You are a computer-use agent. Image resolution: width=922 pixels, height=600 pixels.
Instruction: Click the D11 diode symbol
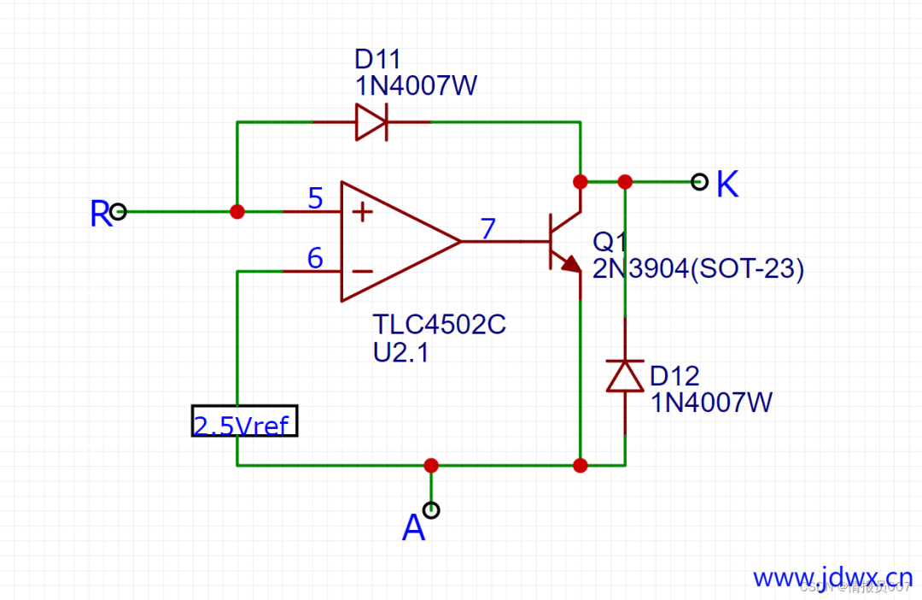tap(371, 122)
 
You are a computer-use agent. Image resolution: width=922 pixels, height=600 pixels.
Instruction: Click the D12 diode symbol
tap(625, 375)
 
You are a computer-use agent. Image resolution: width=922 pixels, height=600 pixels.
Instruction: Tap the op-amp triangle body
tap(393, 241)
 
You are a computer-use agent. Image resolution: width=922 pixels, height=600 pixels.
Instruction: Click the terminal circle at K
tap(700, 181)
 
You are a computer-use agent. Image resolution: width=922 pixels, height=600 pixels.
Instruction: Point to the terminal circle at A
tap(432, 510)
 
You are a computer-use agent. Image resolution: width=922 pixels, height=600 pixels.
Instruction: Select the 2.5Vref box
tap(244, 421)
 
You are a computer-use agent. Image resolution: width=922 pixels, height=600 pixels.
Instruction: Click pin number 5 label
tap(315, 199)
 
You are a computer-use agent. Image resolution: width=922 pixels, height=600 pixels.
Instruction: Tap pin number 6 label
tap(315, 257)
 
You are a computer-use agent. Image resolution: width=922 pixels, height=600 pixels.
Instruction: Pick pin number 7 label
tap(487, 228)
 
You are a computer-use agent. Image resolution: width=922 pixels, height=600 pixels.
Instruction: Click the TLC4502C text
tap(439, 326)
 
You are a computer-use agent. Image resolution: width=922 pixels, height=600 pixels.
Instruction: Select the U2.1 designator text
tap(400, 351)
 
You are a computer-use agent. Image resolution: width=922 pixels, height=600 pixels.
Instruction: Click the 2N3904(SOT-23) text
tap(698, 268)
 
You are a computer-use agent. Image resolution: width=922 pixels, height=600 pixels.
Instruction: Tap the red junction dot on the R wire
tap(237, 211)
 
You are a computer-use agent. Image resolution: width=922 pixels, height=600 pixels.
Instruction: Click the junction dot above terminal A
tap(431, 466)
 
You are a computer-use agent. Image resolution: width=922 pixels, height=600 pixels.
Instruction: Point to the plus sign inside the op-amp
tap(362, 211)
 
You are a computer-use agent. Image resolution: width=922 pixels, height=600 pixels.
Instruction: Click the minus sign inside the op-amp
tap(362, 272)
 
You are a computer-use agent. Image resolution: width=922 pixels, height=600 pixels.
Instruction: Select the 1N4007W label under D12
tap(711, 402)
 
